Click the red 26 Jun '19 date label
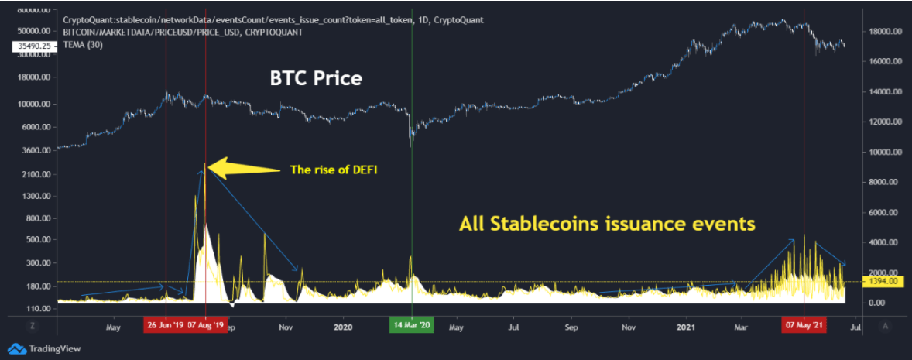pyautogui.click(x=165, y=326)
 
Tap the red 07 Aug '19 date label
pyautogui.click(x=206, y=326)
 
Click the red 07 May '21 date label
pyautogui.click(x=804, y=326)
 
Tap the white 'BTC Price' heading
pyautogui.click(x=316, y=78)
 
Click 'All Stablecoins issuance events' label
pyautogui.click(x=606, y=225)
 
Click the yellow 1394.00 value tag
pyautogui.click(x=884, y=281)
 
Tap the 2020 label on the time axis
pyautogui.click(x=343, y=326)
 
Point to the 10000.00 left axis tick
pyautogui.click(x=33, y=104)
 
